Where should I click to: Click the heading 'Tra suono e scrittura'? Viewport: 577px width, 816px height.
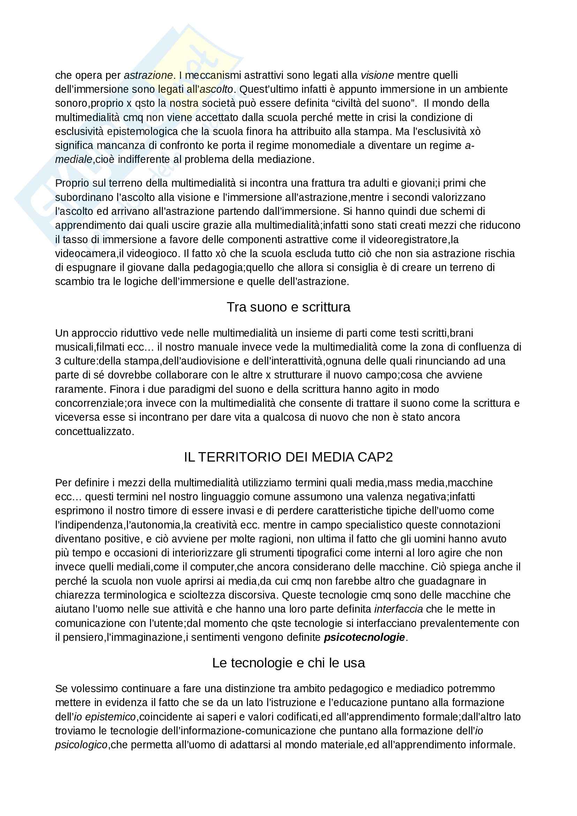[288, 307]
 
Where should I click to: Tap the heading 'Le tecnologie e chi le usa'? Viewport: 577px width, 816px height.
[288, 663]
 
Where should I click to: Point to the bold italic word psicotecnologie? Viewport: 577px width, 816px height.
[364, 637]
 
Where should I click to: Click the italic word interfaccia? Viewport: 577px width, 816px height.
[398, 609]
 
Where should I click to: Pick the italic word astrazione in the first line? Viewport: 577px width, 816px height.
[148, 75]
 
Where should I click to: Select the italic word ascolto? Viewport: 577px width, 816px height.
[216, 89]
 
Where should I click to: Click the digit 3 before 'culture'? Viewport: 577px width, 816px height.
[58, 361]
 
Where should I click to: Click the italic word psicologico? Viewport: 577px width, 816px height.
[81, 745]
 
